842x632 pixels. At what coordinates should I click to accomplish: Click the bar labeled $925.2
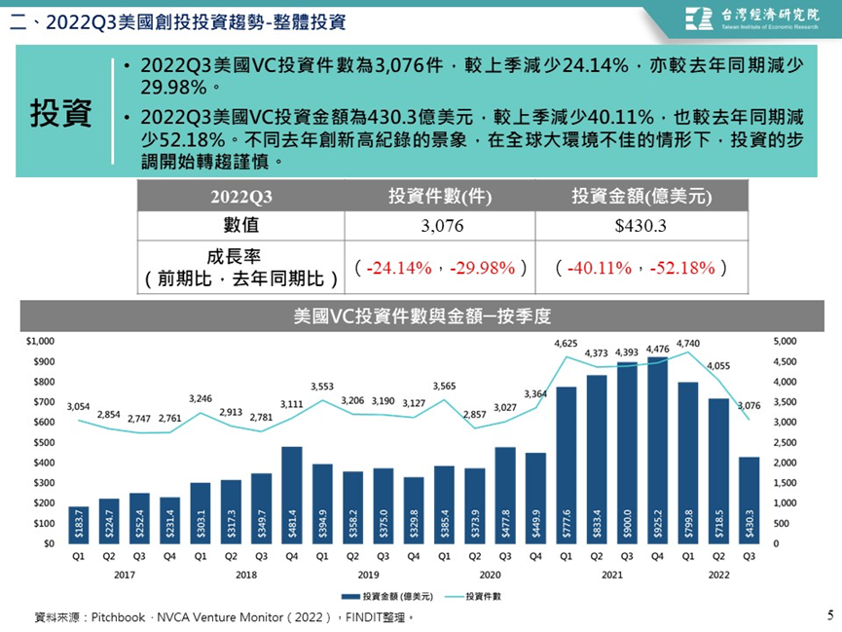pos(657,450)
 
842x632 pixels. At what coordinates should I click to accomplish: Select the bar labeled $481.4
pos(292,495)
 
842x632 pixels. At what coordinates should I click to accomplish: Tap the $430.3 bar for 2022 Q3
pos(750,501)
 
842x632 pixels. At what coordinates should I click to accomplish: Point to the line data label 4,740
pos(688,344)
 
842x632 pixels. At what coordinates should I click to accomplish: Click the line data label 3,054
pos(79,406)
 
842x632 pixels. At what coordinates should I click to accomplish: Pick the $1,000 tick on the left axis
pos(40,341)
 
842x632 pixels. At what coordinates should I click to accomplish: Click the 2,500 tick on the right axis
pos(785,442)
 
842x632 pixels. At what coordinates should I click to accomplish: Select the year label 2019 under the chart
pos(368,576)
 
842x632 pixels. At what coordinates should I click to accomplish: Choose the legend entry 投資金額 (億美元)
pos(387,596)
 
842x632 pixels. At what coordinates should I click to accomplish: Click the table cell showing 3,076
pos(442,226)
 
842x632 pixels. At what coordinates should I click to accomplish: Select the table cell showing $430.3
pos(641,226)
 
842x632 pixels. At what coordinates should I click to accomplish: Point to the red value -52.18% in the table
pos(682,268)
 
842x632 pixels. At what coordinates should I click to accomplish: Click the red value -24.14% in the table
pos(399,268)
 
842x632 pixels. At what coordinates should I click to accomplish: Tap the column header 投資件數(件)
pos(440,196)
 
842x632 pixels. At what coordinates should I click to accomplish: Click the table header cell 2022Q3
pos(241,197)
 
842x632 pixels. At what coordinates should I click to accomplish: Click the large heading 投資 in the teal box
pos(60,113)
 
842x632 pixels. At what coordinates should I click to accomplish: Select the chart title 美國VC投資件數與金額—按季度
pos(422,316)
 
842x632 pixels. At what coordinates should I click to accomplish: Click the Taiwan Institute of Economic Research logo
pos(751,19)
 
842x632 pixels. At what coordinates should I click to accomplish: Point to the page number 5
pos(830,614)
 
